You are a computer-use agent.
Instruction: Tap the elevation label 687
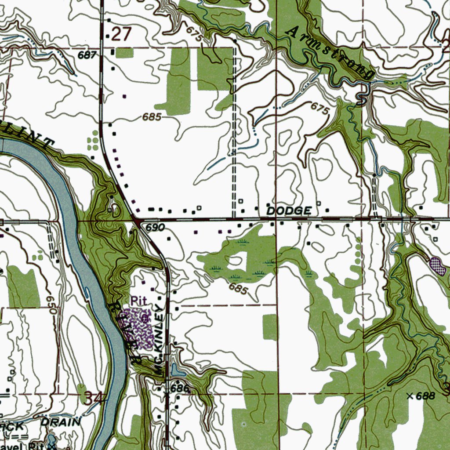87,55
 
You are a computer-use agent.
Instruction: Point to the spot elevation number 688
425,396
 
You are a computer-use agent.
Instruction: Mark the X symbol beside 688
410,396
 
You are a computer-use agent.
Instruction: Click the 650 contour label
52,303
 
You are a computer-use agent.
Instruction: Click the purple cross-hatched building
439,266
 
